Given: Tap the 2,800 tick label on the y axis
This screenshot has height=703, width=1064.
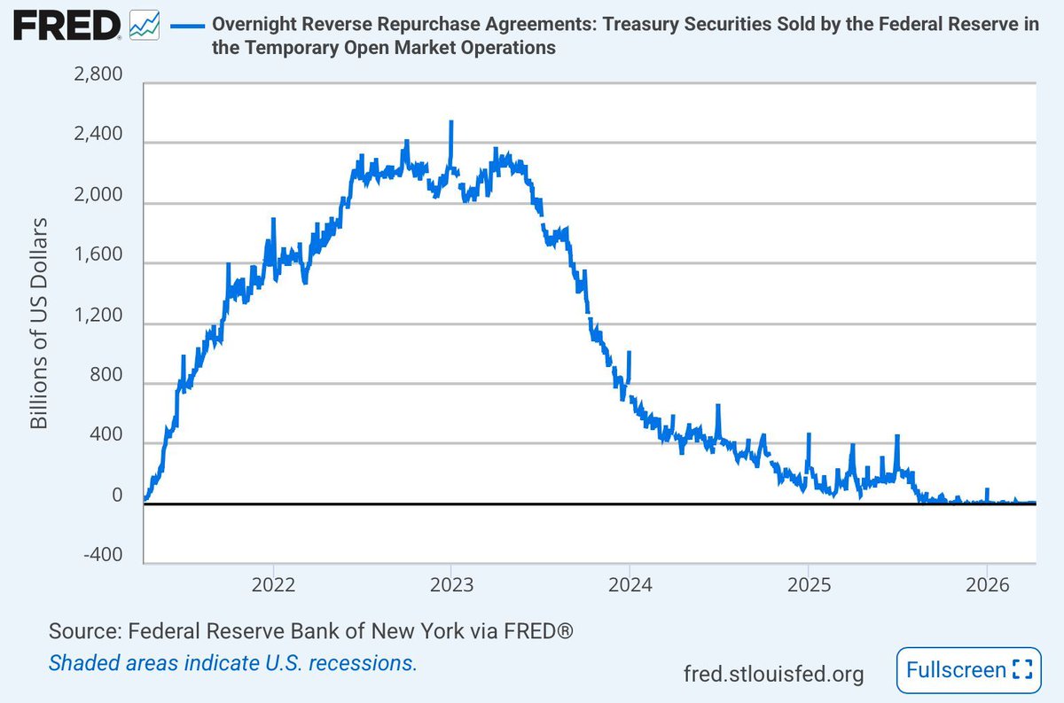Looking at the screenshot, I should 100,77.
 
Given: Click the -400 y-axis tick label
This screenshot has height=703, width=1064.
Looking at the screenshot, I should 105,555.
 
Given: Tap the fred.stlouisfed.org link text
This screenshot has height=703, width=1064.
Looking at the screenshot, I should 773,674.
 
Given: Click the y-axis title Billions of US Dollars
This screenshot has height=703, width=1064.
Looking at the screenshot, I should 39,322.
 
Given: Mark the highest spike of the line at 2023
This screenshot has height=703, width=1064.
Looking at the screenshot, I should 451,122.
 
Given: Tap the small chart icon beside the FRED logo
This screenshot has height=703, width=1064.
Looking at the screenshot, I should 144,25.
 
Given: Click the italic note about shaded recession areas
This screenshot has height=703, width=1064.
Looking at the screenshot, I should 232,662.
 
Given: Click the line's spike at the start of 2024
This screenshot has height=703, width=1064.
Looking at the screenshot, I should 629,353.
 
